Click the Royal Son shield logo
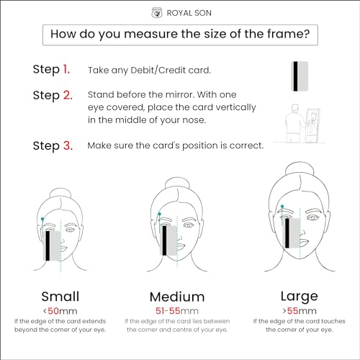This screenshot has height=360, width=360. point(157,13)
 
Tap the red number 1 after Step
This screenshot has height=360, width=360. point(66,69)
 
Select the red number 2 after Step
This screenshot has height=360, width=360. point(68,95)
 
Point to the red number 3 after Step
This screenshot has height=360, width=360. point(68,145)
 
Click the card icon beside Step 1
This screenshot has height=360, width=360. point(300,76)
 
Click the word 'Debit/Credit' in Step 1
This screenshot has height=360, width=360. point(158,71)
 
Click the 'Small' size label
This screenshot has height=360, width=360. point(60,297)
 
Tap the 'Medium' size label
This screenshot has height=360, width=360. point(177,297)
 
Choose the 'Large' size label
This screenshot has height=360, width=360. point(300,297)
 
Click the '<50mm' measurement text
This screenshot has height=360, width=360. point(60,311)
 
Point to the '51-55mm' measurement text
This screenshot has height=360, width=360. point(177,311)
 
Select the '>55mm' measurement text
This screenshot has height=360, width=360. point(300,311)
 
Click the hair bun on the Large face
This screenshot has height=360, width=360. point(300,169)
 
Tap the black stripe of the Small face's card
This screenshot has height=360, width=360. point(48,246)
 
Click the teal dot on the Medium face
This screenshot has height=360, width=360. point(159,214)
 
